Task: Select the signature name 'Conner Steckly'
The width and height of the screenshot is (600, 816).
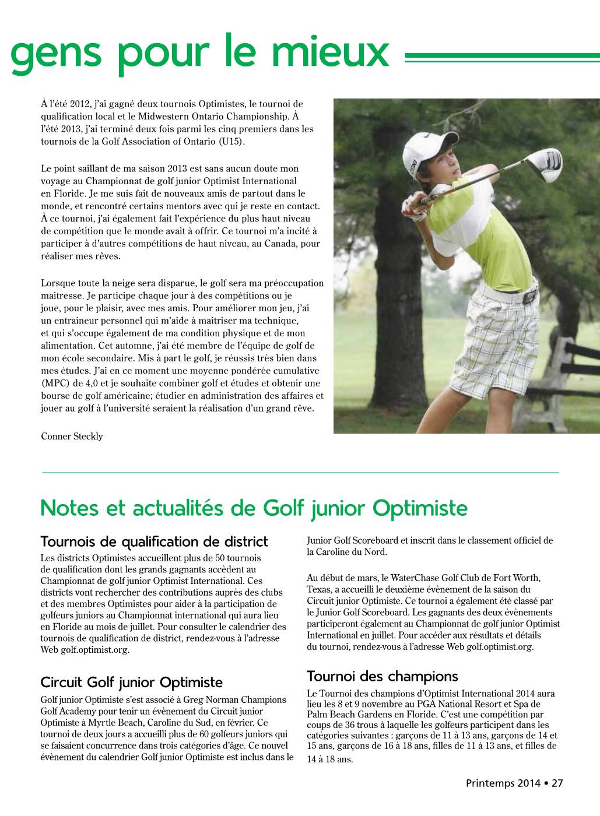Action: pyautogui.click(x=72, y=437)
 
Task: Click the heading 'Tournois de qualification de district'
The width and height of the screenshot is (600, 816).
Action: pyautogui.click(x=154, y=541)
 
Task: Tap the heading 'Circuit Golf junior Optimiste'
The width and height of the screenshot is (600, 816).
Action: pyautogui.click(x=132, y=682)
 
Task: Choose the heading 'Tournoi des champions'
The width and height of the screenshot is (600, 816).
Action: pyautogui.click(x=382, y=676)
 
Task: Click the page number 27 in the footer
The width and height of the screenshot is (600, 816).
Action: pyautogui.click(x=557, y=783)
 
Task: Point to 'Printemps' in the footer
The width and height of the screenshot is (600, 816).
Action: pyautogui.click(x=490, y=783)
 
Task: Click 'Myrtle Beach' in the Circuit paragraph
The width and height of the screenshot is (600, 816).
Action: pyautogui.click(x=111, y=723)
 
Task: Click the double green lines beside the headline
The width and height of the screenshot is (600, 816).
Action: pyautogui.click(x=501, y=57)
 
